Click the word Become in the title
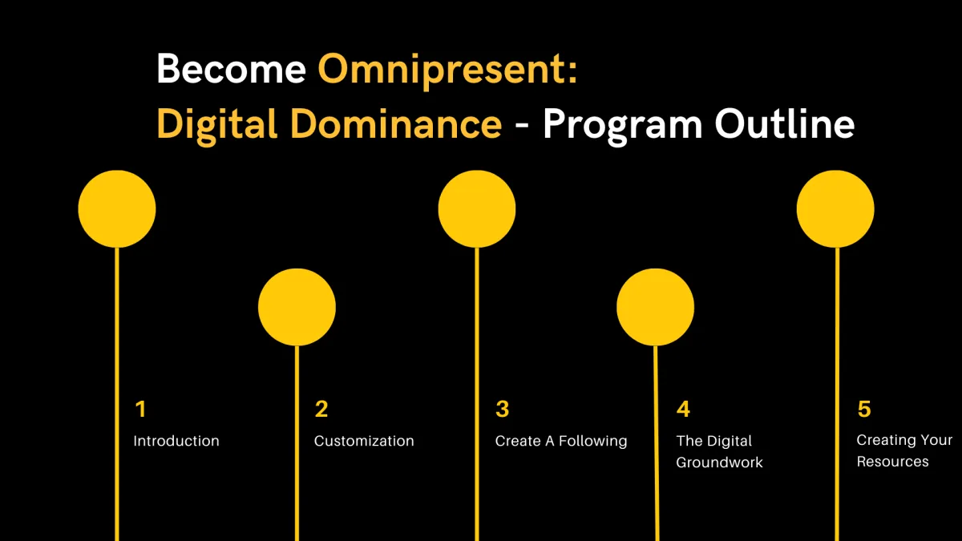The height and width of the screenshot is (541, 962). coord(231,69)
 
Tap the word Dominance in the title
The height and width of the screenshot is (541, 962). coord(396,123)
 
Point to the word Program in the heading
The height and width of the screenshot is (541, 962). coord(623,127)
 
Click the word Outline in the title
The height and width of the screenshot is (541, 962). coord(785,123)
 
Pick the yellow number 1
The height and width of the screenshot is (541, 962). coord(141,409)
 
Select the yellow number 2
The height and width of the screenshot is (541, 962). coord(321,409)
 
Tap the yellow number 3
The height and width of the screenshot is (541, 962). coord(502,409)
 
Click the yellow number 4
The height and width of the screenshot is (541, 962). coord(683,409)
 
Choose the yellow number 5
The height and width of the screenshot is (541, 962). coord(864,410)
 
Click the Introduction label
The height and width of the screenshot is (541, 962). coord(176,441)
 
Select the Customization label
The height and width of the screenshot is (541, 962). coord(364,441)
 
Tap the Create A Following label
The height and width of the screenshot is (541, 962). coord(561,442)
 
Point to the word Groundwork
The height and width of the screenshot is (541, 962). coord(719,462)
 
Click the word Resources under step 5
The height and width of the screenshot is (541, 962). coord(892,462)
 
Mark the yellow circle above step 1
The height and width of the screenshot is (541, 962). coord(117,209)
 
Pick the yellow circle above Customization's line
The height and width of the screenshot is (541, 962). coord(297,307)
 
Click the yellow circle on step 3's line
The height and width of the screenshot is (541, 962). coord(477,209)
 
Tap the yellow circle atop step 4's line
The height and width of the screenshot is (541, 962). coord(656,307)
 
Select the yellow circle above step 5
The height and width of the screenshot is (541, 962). coord(835,209)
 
